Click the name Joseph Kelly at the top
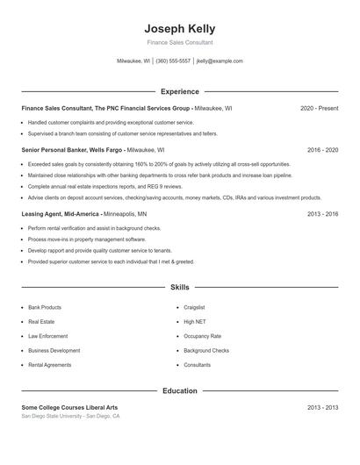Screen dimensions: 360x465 coord(179,28)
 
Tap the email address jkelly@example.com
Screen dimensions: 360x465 coord(220,61)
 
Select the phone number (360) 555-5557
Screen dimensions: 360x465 coord(173,61)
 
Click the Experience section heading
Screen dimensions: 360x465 coord(179,91)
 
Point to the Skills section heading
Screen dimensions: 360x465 coord(179,287)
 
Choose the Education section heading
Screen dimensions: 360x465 coord(179,390)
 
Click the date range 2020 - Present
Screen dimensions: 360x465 coord(319,108)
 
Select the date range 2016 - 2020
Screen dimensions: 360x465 coord(322,150)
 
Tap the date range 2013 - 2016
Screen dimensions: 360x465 coord(322,213)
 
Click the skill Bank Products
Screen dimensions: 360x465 coord(45,308)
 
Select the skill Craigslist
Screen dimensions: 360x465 coord(194,308)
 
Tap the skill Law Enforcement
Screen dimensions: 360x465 coord(47,336)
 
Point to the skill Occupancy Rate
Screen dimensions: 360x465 coord(202,336)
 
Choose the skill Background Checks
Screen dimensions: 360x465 coord(206,350)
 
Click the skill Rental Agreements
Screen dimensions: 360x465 coord(49,364)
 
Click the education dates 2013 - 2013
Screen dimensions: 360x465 coord(322,407)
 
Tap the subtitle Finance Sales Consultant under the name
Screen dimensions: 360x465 coord(179,42)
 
